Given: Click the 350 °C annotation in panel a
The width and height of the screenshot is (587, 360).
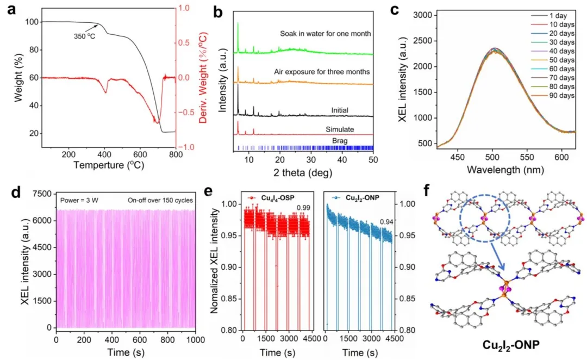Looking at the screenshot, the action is tap(84, 36).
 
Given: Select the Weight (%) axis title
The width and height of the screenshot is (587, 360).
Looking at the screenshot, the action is tap(18, 78).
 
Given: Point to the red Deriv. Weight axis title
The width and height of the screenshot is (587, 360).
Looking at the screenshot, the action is tap(203, 78).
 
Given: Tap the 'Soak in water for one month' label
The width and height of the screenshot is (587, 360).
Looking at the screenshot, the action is tap(326, 34).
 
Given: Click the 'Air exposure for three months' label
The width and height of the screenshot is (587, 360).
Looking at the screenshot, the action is tap(322, 72).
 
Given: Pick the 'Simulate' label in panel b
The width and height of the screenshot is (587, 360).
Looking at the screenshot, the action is tap(340, 129).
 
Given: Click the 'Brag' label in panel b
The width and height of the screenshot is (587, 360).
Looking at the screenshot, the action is tap(340, 141).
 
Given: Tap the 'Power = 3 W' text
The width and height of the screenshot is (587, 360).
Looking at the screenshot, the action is tap(79, 201).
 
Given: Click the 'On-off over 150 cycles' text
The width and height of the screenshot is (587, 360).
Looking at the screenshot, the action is tap(160, 201).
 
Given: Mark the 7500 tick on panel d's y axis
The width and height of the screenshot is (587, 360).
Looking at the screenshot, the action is tap(41, 194).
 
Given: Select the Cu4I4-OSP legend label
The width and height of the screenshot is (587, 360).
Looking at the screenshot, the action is tap(278, 197).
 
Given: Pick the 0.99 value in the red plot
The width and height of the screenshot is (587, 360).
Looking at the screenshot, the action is tap(304, 208).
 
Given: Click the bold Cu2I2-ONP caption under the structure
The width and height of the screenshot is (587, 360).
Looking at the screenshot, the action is tap(511, 345).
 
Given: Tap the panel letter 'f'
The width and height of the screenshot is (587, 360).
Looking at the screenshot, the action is tap(427, 191).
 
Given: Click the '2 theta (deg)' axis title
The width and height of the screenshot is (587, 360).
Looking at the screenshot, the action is tap(303, 173).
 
